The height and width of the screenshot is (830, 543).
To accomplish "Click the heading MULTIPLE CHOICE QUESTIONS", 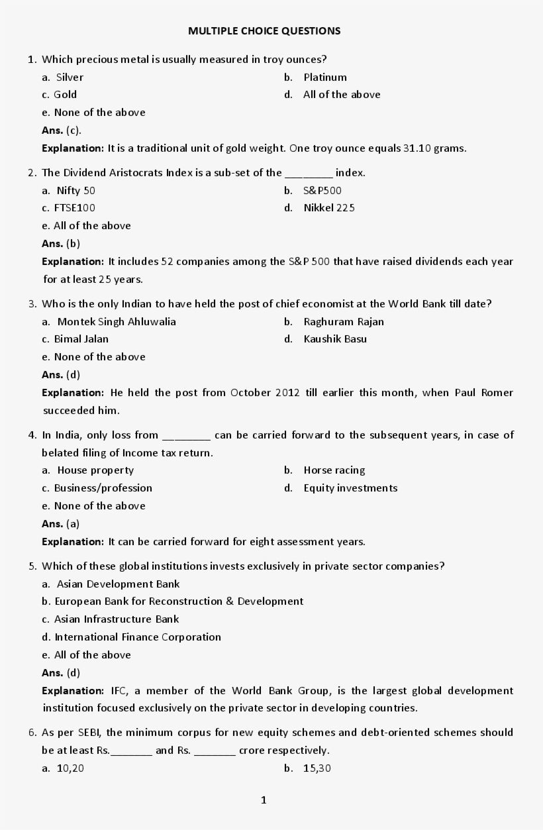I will pos(264,30).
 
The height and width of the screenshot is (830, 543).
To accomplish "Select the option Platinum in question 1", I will pos(324,77).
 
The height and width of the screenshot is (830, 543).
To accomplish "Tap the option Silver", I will pos(70,77).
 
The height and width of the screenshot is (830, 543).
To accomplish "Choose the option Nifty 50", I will pos(75,190).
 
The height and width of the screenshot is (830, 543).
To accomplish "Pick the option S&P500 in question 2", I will pos(322,190).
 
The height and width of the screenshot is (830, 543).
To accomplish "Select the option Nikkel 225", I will pos(329,207).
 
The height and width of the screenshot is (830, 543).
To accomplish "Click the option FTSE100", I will pos(74,207).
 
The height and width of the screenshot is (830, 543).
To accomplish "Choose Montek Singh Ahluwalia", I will pos(117,321).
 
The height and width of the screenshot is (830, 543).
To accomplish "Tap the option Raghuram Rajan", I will pos(343,321).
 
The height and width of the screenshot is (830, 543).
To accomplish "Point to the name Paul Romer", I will pos(483,392).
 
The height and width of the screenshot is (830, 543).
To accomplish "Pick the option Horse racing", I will pos(334,470).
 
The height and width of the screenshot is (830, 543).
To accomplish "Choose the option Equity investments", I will pos(350,488).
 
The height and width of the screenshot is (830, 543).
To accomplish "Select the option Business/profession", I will pos(103,488).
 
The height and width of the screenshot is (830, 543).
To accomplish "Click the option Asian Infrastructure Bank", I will pos(116,619).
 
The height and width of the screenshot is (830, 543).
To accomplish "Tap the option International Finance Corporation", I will pos(137,637).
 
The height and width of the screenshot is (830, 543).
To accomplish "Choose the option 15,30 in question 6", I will pos(317,768).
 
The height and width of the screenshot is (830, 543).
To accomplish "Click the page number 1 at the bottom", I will pos(264,800).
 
